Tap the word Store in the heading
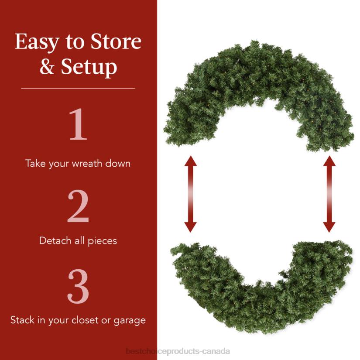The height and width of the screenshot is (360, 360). pyautogui.click(x=116, y=42)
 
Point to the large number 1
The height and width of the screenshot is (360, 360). pyautogui.click(x=78, y=125)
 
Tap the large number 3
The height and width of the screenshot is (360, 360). pyautogui.click(x=78, y=288)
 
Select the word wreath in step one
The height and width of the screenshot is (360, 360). pyautogui.click(x=84, y=164)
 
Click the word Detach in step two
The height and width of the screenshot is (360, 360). pyautogui.click(x=54, y=240)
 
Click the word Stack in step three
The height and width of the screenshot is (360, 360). pyautogui.click(x=22, y=320)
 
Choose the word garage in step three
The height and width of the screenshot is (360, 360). pyautogui.click(x=130, y=320)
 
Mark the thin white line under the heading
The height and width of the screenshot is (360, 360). pyautogui.click(x=78, y=89)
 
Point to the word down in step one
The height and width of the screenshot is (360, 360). pyautogui.click(x=119, y=164)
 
